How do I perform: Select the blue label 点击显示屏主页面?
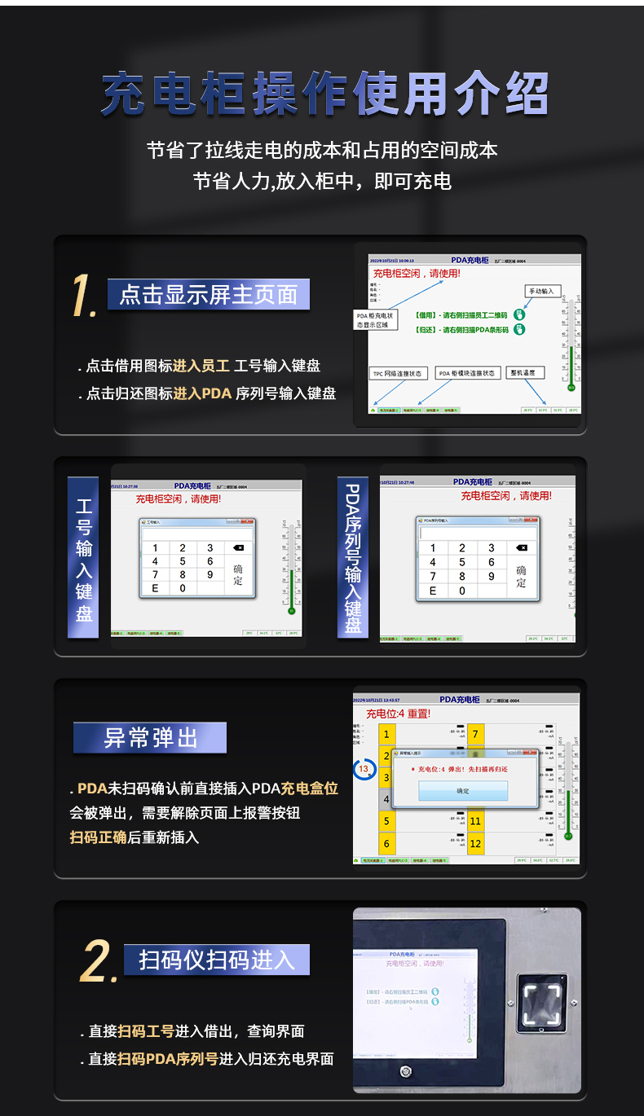pyautogui.click(x=209, y=294)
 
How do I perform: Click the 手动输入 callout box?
pyautogui.click(x=541, y=291)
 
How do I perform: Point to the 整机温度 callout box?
pyautogui.click(x=526, y=372)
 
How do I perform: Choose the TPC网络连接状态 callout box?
pyautogui.click(x=398, y=373)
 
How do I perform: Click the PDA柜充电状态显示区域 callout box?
pyautogui.click(x=375, y=319)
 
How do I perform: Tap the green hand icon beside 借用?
pyautogui.click(x=518, y=314)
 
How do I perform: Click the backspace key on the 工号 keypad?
pyautogui.click(x=238, y=548)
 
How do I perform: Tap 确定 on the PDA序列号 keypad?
pyautogui.click(x=521, y=576)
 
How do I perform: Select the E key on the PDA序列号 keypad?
pyautogui.click(x=433, y=591)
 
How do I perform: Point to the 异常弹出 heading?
pyautogui.click(x=150, y=738)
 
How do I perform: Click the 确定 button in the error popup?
pyautogui.click(x=463, y=790)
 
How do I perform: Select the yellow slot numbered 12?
pyautogui.click(x=475, y=844)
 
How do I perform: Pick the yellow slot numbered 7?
pyautogui.click(x=475, y=735)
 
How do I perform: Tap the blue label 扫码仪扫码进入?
pyautogui.click(x=217, y=960)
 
